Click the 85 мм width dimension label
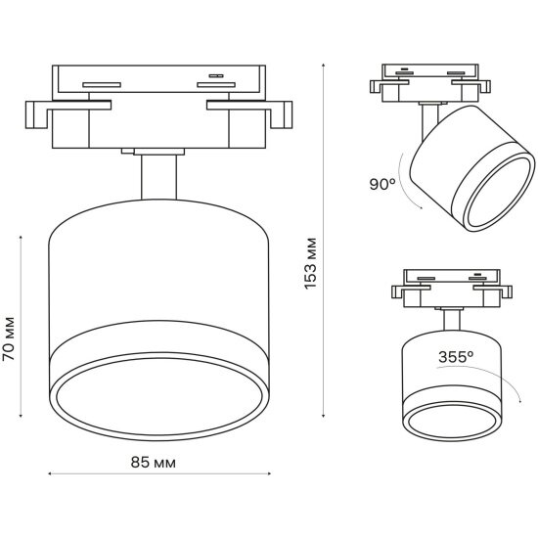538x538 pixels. pos(153,463)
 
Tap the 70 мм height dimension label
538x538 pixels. pos(8,338)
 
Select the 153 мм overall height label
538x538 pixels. pos(310,263)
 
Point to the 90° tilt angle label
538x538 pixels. pos(382,184)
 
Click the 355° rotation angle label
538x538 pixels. pos(456,357)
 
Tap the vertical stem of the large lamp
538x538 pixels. pos(158,177)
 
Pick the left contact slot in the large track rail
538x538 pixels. pos(102,85)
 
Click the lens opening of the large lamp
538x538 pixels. pos(159,397)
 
